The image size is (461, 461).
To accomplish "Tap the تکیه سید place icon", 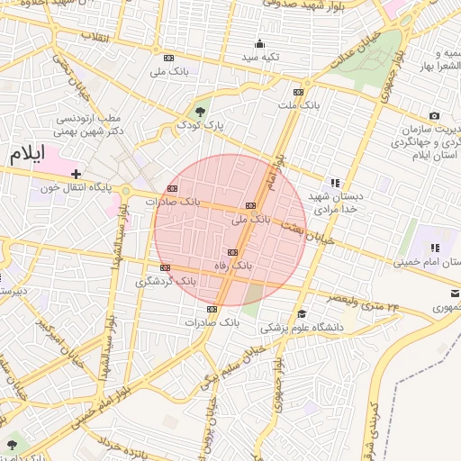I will point(260,43).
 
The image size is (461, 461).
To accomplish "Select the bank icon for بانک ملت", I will point(298,92).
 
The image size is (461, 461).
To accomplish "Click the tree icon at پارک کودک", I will point(200,112).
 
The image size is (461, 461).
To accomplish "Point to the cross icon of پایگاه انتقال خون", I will point(77,174).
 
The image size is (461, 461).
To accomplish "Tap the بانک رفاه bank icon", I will point(233,252).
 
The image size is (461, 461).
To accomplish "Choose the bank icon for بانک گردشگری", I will point(165,267).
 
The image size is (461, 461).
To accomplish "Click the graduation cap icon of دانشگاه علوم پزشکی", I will point(302,313).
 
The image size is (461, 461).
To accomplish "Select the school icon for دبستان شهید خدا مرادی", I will point(336,182).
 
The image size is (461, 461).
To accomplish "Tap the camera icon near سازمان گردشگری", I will point(434,115).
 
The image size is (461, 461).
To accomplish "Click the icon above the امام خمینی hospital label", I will point(434,248).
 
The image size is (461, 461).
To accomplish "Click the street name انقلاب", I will point(95,37).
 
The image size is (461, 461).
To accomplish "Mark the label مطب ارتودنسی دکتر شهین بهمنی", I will point(101,124).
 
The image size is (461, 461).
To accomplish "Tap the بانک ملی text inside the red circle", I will point(250,219).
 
